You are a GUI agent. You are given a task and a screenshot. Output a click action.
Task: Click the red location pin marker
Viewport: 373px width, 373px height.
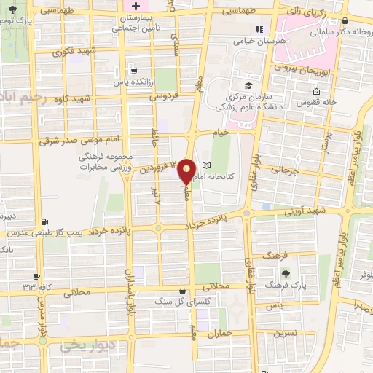tap(186, 170)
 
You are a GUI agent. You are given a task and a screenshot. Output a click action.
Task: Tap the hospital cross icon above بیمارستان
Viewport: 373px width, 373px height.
tap(136, 6)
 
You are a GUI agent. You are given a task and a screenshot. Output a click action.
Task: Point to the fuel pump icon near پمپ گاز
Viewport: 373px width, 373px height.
tap(46, 222)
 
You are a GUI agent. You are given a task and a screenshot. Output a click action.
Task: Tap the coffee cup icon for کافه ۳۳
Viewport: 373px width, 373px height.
tap(36, 276)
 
